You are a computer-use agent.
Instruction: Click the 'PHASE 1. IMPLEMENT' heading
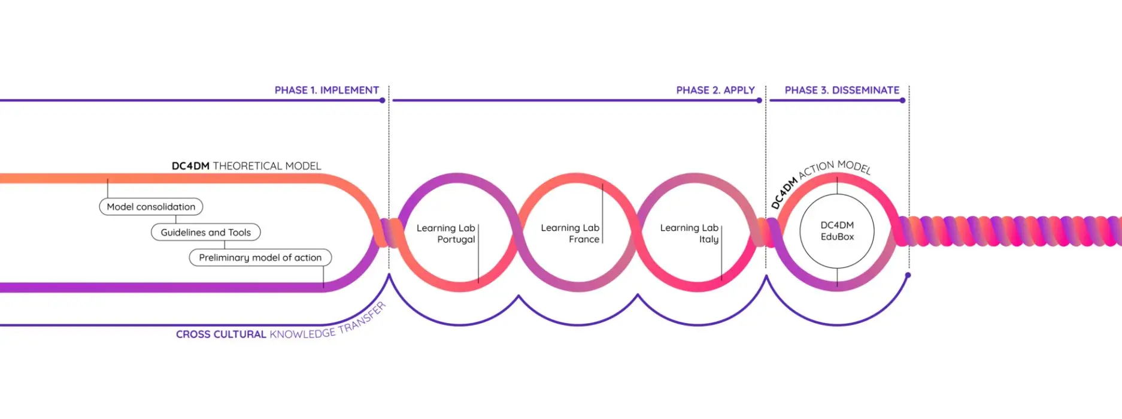(x=326, y=90)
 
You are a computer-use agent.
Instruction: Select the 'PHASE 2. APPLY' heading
(x=715, y=90)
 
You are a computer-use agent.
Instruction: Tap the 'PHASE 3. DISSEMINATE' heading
(x=841, y=90)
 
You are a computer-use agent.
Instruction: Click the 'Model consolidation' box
(x=151, y=207)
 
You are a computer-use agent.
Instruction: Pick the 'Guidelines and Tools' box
(x=205, y=233)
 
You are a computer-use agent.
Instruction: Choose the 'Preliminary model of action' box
(x=260, y=258)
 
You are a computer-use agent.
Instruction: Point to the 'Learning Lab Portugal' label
(x=446, y=234)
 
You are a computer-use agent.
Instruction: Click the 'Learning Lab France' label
(x=570, y=233)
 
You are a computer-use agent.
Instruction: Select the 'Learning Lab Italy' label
(x=690, y=233)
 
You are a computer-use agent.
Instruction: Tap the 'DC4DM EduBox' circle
(x=837, y=231)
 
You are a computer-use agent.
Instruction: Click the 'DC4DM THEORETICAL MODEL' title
(x=246, y=166)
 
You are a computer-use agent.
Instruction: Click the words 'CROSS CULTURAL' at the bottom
(x=220, y=334)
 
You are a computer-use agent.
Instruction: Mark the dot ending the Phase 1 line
(x=383, y=101)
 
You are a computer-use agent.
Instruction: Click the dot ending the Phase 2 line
(x=759, y=101)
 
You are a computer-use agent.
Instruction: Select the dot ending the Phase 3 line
(x=902, y=101)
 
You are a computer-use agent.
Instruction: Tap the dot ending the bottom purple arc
(x=908, y=275)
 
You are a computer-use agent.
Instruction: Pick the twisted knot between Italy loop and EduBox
(x=766, y=233)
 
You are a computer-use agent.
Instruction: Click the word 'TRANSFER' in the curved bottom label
(x=362, y=319)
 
